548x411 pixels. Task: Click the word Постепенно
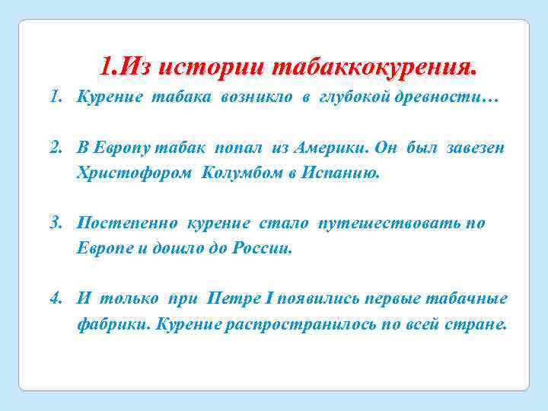(x=127, y=224)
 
